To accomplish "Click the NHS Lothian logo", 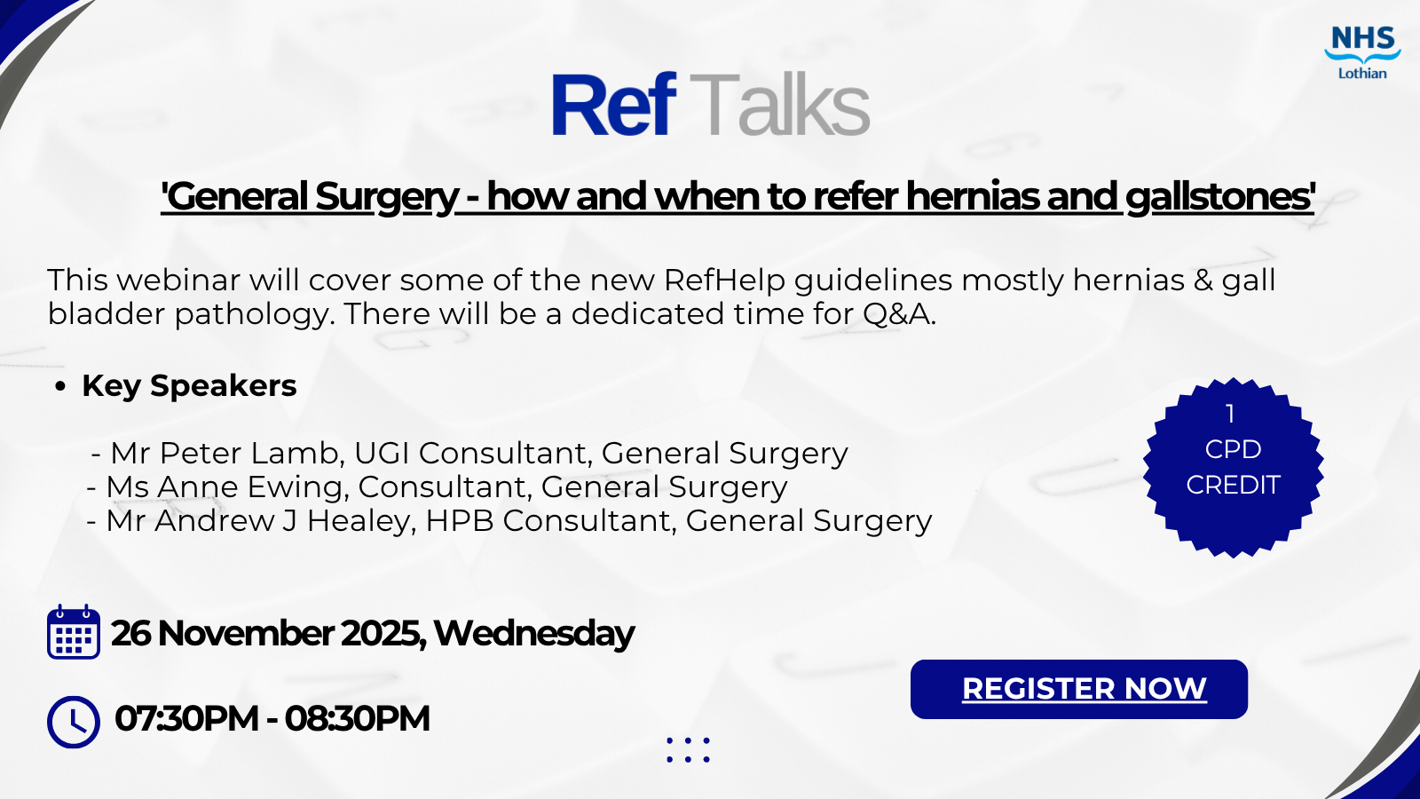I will (1362, 52).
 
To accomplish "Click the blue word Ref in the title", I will (613, 106).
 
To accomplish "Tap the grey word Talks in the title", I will (780, 106).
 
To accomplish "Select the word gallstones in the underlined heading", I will (1219, 197).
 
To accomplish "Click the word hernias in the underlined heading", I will (972, 197).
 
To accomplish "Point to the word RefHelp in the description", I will (724, 281).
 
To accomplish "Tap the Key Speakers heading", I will (189, 386).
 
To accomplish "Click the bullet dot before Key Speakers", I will (60, 387).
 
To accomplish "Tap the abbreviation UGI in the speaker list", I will (382, 454).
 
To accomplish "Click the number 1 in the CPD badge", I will (1230, 414).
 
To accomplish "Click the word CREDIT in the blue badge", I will (1233, 486).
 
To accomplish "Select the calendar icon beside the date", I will (74, 632).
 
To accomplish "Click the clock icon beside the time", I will (74, 722).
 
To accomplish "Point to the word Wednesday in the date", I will (534, 634).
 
